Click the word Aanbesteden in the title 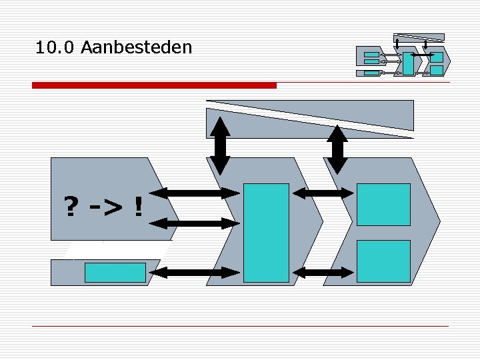pos(135,48)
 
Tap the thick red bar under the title pos(154,85)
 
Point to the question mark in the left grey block pos(69,207)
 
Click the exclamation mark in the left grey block pos(138,207)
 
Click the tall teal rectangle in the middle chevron pos(266,233)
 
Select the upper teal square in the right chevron pos(383,204)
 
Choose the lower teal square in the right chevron pos(383,261)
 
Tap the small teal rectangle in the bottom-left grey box pos(115,273)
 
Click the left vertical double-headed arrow pos(220,146)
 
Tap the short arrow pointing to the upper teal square pos(323,193)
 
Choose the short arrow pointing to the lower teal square pos(323,272)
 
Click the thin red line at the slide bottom pos(240,326)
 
